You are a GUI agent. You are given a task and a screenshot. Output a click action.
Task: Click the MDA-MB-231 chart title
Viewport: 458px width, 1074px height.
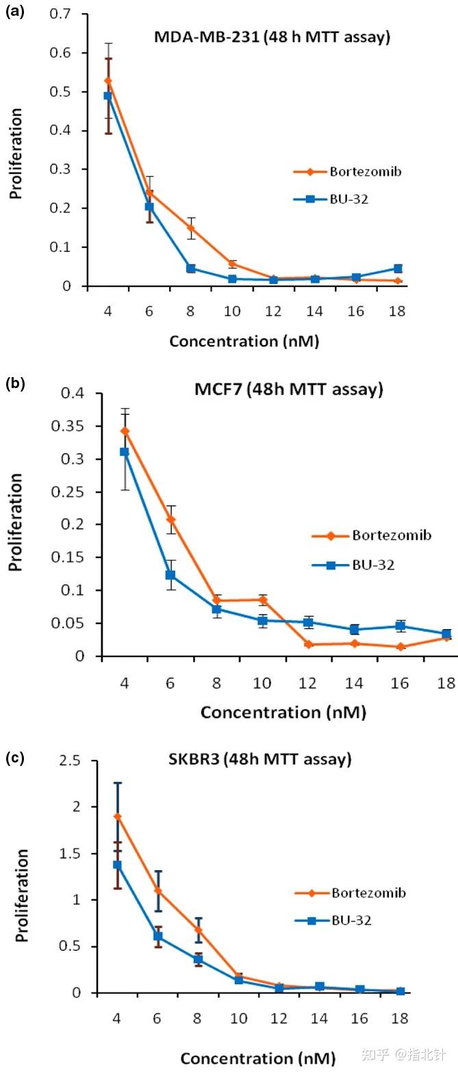272,37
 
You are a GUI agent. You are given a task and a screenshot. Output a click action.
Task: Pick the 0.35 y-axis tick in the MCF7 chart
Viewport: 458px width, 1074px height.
74,426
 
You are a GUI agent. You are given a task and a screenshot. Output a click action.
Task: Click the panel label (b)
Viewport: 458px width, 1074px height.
14,383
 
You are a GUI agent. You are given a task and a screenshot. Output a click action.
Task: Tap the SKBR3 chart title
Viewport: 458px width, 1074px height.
259,759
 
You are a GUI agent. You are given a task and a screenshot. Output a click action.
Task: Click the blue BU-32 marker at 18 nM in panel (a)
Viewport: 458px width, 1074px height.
398,269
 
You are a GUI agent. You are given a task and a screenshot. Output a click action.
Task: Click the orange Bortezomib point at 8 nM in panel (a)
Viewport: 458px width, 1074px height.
190,228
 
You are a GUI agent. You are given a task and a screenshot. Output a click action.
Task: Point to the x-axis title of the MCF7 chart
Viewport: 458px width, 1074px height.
283,712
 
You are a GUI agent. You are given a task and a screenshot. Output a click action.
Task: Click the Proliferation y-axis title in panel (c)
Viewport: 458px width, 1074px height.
23,895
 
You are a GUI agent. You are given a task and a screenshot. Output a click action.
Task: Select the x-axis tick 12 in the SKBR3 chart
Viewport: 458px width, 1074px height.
279,1018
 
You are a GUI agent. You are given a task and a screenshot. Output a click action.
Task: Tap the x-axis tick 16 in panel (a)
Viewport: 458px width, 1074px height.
356,311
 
